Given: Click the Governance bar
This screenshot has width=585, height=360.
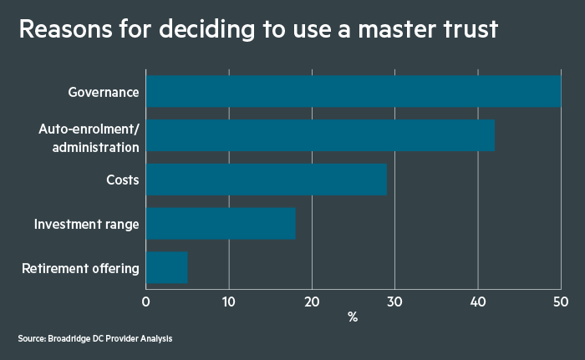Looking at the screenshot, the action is point(354,91).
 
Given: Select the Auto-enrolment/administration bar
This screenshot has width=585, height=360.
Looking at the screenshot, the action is point(320,135).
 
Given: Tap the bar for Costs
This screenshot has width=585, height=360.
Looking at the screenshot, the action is point(267,180).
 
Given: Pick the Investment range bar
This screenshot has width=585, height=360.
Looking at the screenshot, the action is point(221,224).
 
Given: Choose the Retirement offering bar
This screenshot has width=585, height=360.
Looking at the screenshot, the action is point(167,267).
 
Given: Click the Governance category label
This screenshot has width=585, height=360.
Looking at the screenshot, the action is point(104,92).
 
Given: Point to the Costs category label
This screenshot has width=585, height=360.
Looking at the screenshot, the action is point(122,180).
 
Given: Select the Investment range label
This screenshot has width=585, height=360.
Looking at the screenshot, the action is point(86,224).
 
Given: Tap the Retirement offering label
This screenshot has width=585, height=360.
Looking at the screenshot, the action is point(80,268).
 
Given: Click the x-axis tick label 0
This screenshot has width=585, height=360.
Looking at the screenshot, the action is point(146,302).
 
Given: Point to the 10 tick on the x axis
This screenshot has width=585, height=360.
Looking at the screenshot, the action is point(229,302).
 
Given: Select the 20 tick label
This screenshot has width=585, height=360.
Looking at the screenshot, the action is point(312,302).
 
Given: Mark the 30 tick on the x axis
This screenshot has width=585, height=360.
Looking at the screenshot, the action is point(394,302).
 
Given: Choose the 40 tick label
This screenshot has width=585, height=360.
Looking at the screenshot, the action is point(478,302).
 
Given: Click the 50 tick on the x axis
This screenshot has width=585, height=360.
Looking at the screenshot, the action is point(561,302).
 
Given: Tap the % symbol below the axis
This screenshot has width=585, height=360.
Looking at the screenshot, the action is point(353,317).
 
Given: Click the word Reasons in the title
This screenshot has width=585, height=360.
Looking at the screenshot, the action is point(66,29).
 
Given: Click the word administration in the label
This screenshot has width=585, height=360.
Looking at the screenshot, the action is point(95,147).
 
